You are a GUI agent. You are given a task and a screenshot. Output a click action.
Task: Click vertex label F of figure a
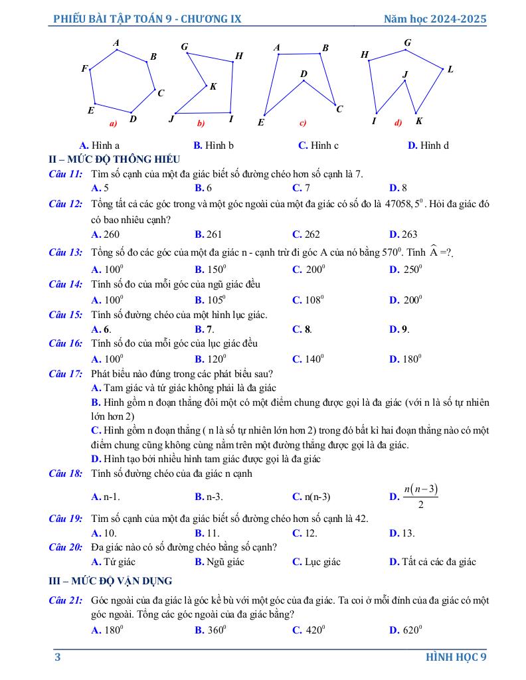point(84,68)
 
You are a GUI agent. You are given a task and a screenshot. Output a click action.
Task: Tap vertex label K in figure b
point(213,86)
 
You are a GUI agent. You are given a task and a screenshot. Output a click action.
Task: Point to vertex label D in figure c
point(304,73)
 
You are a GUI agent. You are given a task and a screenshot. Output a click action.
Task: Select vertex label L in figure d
point(450,69)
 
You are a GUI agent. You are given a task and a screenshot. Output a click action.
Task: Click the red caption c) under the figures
point(302,123)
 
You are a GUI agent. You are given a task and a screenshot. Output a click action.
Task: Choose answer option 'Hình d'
point(428,145)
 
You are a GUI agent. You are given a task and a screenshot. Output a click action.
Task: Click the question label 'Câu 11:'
point(66,174)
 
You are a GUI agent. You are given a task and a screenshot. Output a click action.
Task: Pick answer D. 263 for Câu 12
point(403,234)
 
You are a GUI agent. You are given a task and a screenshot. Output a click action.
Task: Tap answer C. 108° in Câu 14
point(308,299)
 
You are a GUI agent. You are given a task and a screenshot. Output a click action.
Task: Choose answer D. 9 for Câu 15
point(399,329)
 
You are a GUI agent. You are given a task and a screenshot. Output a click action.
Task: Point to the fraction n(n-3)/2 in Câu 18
point(421,496)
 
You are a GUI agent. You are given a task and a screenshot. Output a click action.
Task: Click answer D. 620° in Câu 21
point(406,630)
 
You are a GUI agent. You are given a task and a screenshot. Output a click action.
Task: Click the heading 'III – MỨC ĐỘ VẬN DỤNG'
point(111,581)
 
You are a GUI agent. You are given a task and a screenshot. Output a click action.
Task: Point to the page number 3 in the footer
point(58,657)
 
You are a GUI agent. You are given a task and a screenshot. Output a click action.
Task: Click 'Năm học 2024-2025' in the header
point(435,19)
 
